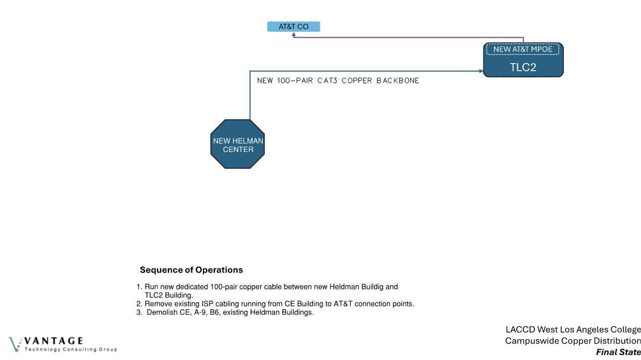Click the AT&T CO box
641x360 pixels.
(293, 27)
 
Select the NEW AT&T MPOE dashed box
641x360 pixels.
(523, 49)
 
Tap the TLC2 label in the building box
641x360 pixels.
(523, 68)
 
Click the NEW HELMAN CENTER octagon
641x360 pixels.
(237, 144)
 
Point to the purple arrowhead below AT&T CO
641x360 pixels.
(294, 36)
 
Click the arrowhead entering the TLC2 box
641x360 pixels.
(481, 71)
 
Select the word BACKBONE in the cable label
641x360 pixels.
(398, 81)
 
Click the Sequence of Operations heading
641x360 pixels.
(191, 270)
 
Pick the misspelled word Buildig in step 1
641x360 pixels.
(385, 287)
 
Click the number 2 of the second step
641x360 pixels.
(139, 304)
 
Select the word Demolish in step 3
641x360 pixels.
(163, 313)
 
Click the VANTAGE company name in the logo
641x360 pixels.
(53, 341)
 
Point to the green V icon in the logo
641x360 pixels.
(15, 344)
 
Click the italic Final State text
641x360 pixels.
(618, 352)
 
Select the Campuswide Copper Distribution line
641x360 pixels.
(573, 341)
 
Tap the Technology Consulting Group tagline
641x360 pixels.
(71, 349)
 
